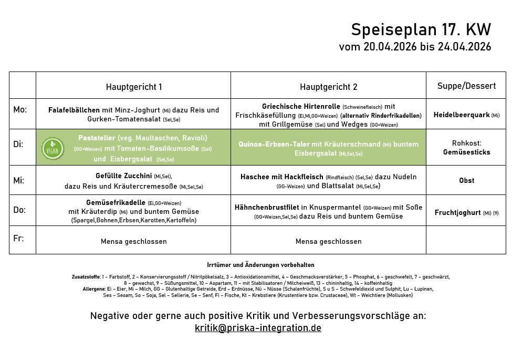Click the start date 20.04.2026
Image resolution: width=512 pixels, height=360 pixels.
tap(390, 47)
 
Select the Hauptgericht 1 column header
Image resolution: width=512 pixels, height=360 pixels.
tap(133, 87)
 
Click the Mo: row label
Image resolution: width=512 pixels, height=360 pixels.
tap(20, 110)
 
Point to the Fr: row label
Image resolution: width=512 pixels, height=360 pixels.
tap(18, 238)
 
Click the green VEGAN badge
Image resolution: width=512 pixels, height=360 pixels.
tap(53, 148)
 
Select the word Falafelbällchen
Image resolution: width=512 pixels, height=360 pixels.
tap(74, 110)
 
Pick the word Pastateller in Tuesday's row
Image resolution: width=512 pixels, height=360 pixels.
tap(97, 138)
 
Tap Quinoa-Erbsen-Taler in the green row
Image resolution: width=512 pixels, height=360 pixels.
tap(274, 144)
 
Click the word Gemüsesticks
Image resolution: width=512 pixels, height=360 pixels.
tap(466, 152)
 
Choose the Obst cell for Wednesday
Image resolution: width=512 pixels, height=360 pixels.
tap(466, 180)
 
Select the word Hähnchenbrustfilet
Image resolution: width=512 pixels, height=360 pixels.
tap(267, 208)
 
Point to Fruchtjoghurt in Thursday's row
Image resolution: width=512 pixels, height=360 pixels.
tap(457, 213)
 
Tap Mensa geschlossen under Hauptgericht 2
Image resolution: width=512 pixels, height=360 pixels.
tap(328, 242)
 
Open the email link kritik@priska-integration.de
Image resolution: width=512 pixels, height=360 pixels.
tap(258, 328)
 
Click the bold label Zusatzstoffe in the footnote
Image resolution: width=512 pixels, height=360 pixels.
tap(86, 276)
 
